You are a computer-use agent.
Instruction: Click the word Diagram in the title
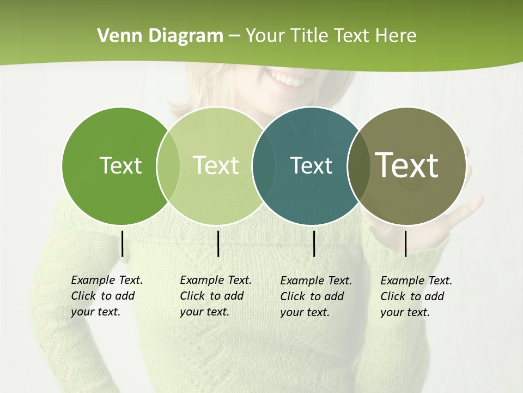coord(186,36)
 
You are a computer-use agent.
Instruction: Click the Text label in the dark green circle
coord(120,165)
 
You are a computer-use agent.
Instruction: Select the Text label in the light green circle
coord(216,165)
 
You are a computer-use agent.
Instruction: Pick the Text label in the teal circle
coord(311,165)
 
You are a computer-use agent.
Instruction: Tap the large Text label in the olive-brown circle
coord(407,165)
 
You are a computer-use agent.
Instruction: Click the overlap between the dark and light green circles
coord(168,166)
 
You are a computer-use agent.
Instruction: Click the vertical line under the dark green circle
coord(122,243)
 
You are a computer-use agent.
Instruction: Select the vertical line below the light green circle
coord(218,243)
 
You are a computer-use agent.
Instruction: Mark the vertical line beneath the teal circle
coord(314,243)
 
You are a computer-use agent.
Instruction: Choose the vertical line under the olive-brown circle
coord(405,243)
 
